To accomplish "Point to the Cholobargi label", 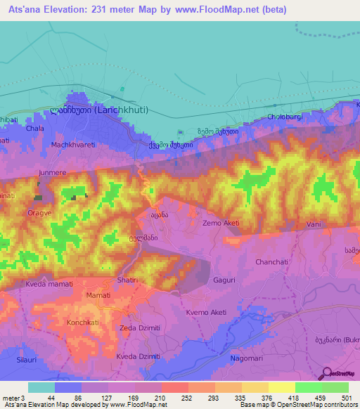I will click(285, 117).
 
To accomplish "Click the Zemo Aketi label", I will click(221, 223).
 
